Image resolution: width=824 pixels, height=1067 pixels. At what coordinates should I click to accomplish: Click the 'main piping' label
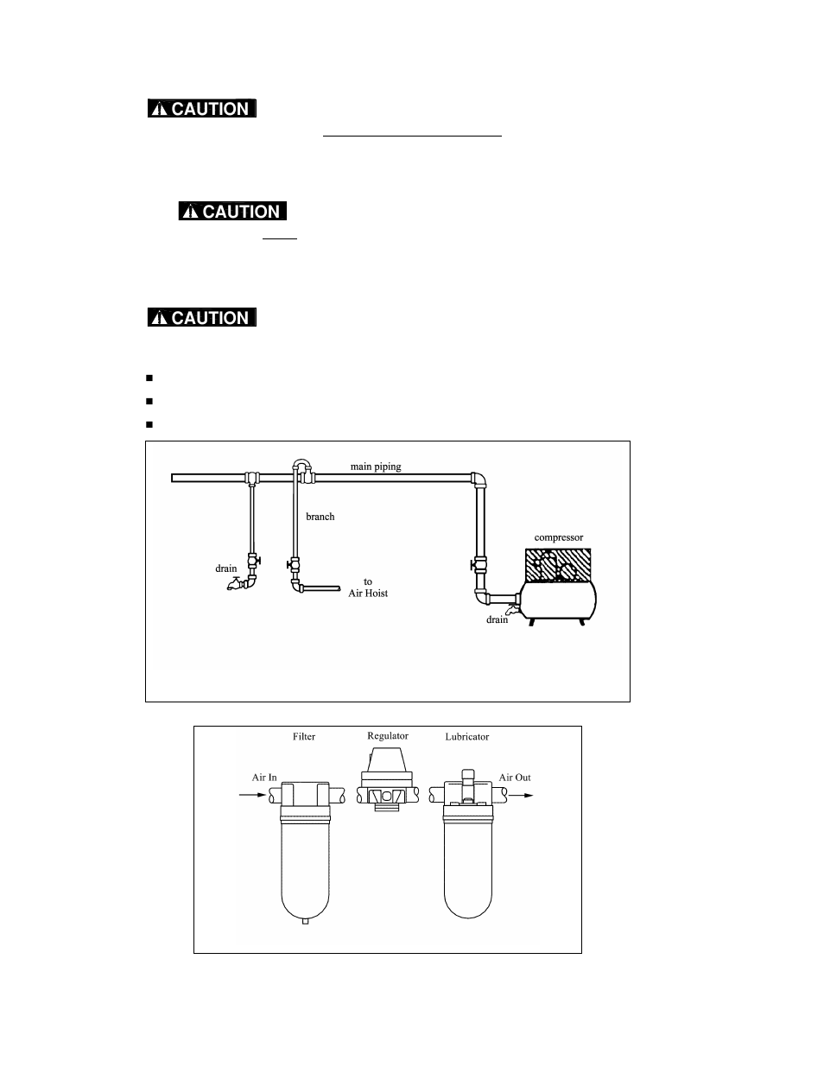[376, 467]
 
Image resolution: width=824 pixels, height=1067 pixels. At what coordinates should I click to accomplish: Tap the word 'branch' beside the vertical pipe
[320, 517]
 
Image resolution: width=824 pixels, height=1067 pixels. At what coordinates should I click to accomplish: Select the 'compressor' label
[558, 537]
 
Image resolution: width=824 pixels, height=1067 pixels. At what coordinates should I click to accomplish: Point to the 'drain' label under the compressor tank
[497, 619]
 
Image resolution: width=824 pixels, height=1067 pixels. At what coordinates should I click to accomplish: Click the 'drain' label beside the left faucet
[225, 568]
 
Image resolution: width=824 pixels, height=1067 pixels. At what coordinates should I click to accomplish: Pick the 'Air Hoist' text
[368, 593]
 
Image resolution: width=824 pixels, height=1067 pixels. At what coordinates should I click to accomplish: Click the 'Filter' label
[304, 737]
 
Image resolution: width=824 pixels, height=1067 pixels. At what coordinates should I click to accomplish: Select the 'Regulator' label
[388, 736]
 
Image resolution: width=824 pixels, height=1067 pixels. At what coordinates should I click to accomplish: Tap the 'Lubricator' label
[466, 737]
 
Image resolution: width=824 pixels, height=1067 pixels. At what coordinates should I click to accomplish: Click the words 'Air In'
[264, 778]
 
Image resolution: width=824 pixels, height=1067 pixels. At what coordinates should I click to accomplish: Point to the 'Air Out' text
[515, 778]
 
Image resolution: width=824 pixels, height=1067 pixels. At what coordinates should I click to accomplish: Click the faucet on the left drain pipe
[233, 585]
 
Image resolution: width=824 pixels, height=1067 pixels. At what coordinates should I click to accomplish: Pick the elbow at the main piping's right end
[477, 479]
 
